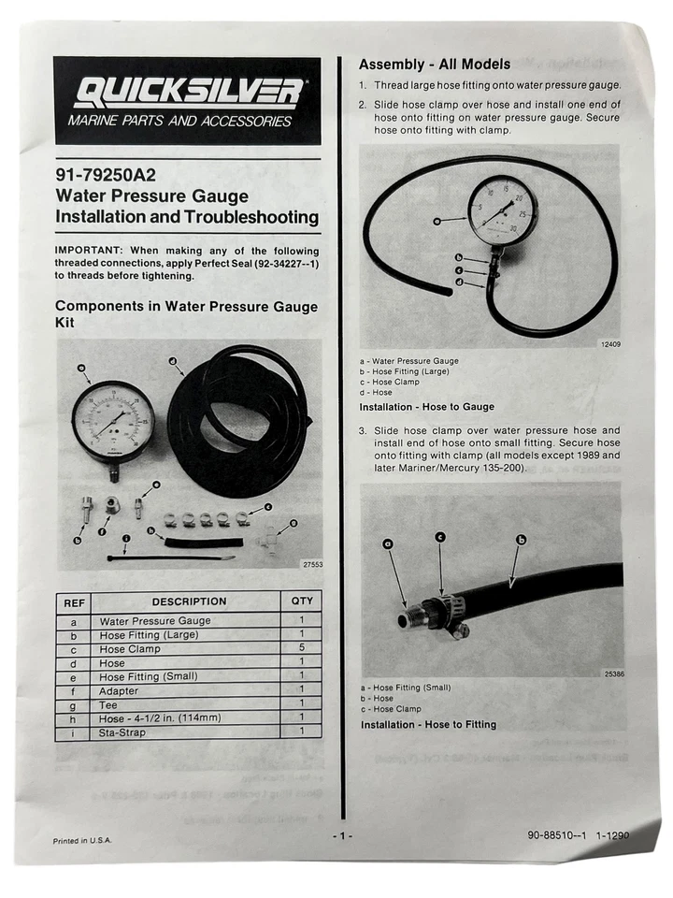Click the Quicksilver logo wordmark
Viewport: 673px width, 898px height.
click(x=187, y=93)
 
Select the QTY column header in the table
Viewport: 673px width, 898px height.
click(x=302, y=601)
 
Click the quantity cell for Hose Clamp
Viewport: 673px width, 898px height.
click(x=302, y=648)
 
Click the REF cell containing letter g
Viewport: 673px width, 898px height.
click(x=73, y=704)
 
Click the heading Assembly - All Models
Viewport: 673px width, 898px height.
click(x=435, y=65)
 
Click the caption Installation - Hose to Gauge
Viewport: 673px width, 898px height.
click(x=426, y=407)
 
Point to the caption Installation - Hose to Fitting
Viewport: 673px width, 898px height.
click(x=428, y=724)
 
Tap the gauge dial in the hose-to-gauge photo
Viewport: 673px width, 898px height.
click(x=503, y=211)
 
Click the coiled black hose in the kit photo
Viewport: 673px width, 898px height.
click(x=237, y=421)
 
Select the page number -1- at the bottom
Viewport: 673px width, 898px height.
click(x=343, y=835)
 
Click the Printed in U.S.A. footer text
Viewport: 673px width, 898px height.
click(x=82, y=841)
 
